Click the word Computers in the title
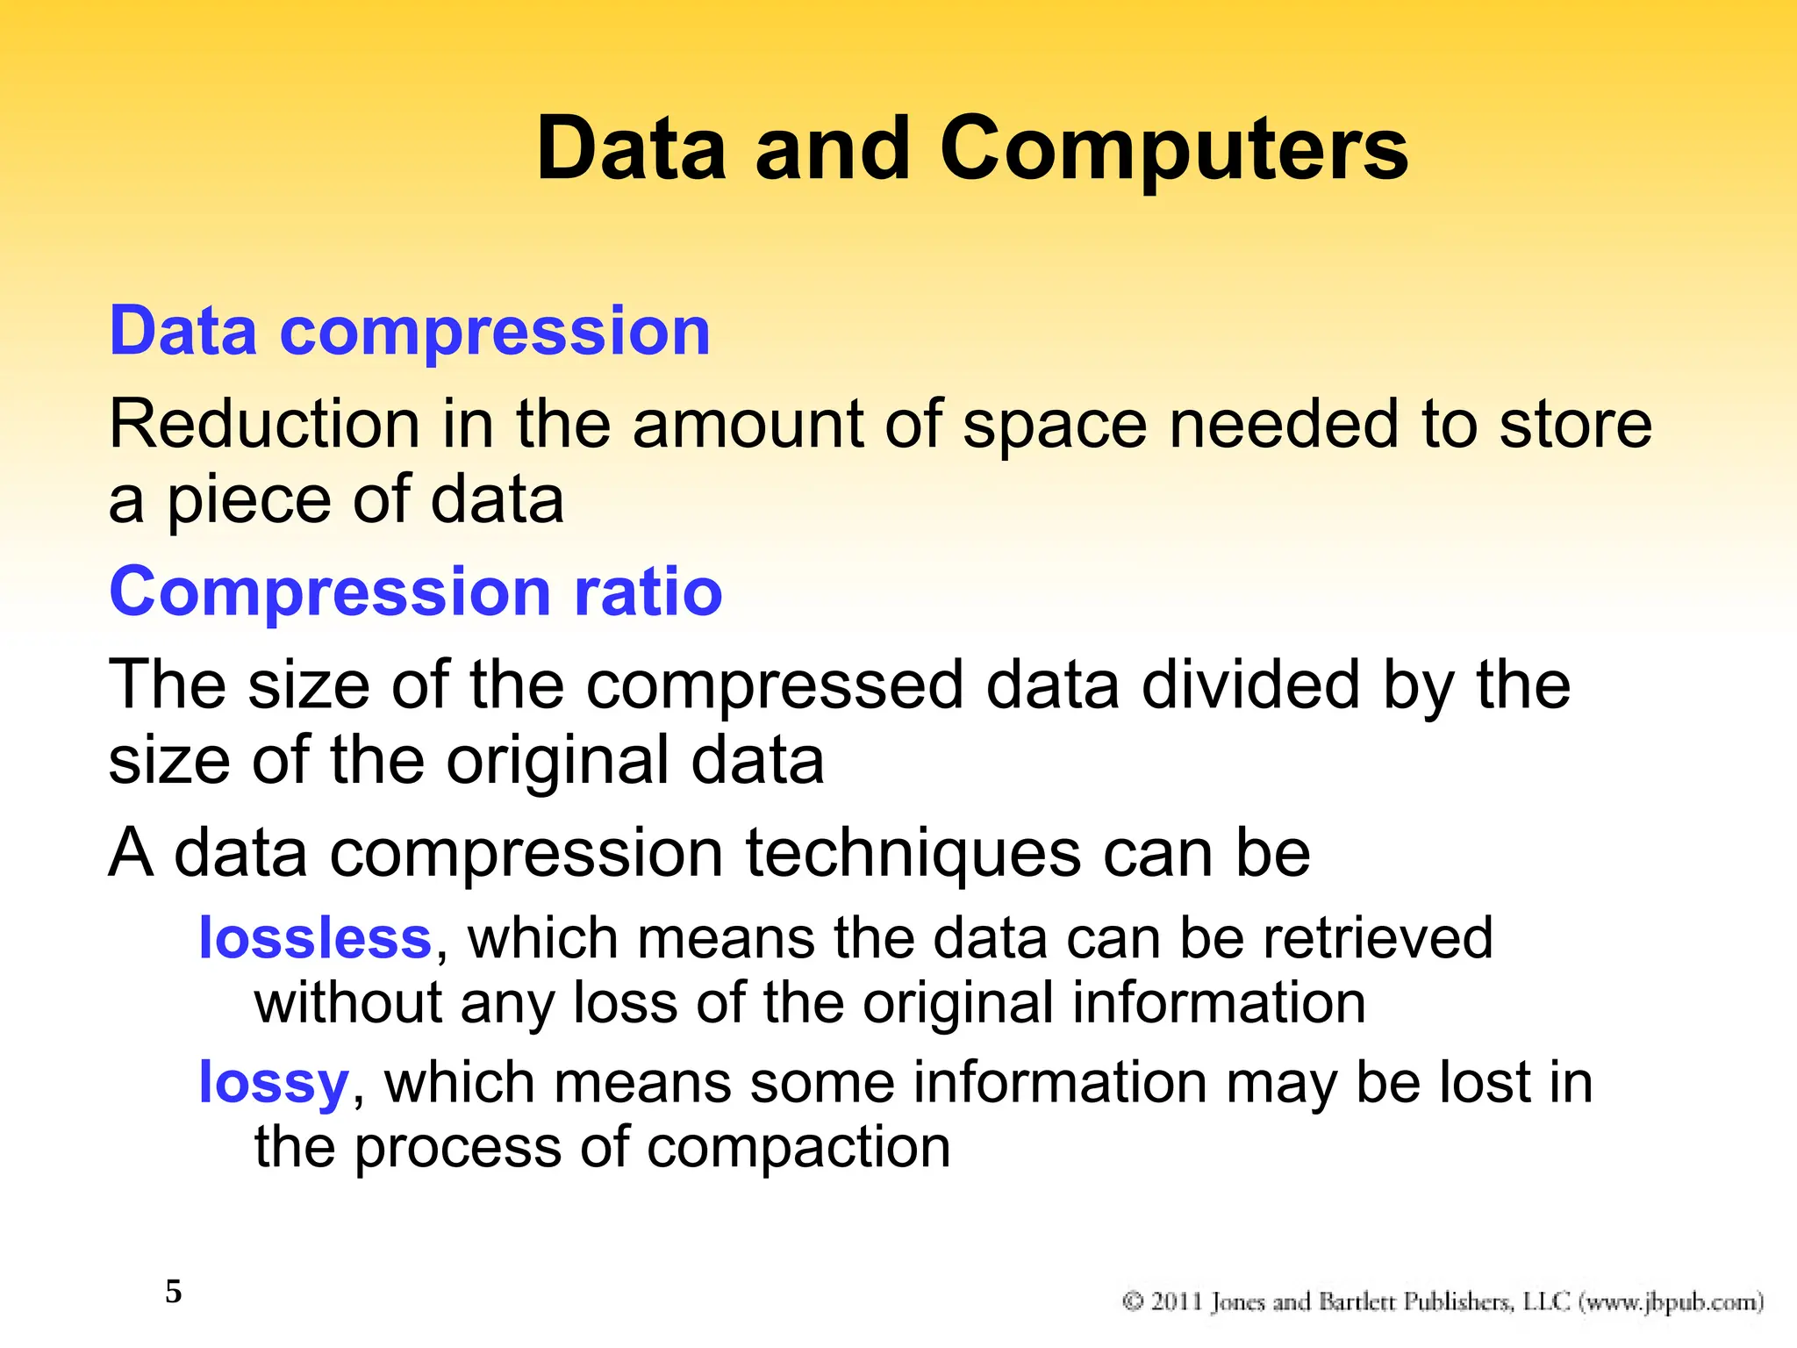1173,151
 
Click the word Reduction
263,425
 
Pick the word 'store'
1575,425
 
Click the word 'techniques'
913,852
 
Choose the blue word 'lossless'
315,938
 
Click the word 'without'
347,1002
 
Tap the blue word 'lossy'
274,1084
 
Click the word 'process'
457,1149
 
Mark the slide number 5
174,1292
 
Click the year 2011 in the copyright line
1177,1301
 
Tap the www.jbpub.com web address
1672,1301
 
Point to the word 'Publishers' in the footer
1457,1301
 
